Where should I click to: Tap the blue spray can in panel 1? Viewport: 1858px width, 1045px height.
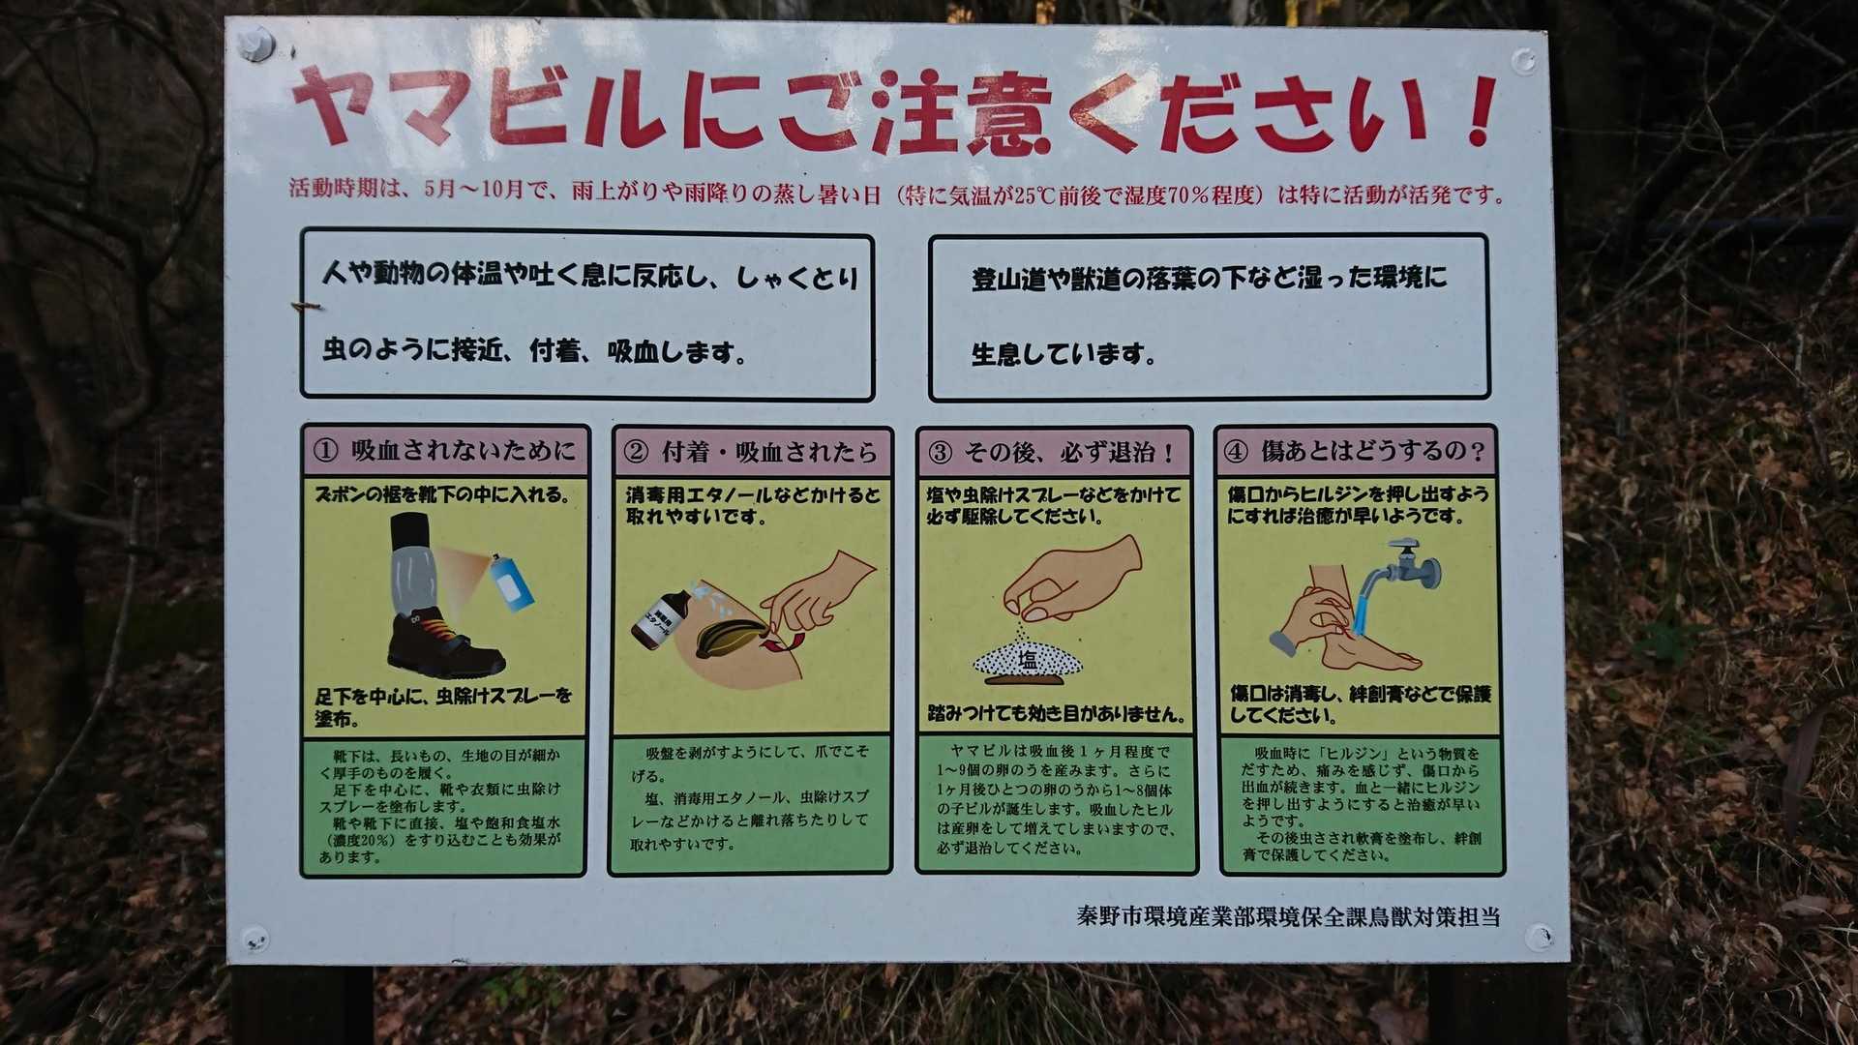click(511, 582)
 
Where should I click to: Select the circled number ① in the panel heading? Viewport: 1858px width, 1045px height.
click(326, 451)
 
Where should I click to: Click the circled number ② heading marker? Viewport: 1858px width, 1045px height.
click(636, 452)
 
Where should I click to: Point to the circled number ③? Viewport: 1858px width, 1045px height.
click(940, 453)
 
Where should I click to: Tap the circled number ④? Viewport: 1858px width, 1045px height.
click(1236, 452)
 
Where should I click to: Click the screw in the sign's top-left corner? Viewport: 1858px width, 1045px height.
click(256, 44)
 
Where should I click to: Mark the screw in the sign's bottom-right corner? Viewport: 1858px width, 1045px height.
click(1539, 937)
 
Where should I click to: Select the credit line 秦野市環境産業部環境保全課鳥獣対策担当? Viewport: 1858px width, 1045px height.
click(1288, 916)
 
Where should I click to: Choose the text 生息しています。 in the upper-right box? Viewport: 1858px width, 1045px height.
click(1064, 354)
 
